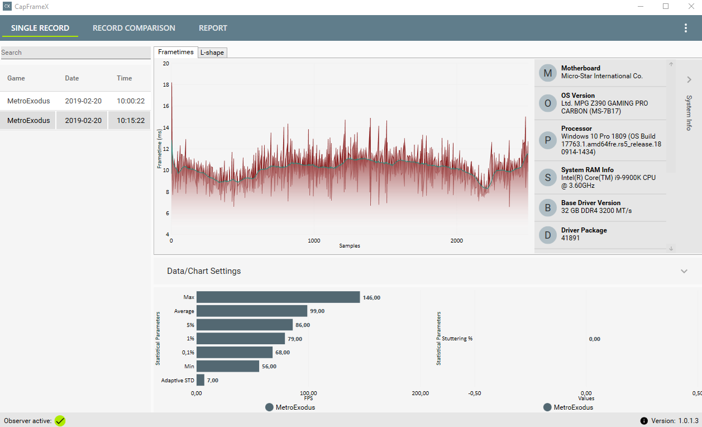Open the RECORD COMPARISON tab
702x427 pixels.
(x=134, y=28)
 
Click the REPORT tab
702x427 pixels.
(x=213, y=28)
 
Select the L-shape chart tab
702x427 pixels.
(x=212, y=53)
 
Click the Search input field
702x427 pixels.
(x=75, y=53)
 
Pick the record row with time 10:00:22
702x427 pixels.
(x=75, y=101)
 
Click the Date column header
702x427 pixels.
(x=72, y=78)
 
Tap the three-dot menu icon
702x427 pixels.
(x=686, y=28)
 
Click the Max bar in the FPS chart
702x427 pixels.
(x=278, y=297)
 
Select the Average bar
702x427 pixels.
(x=251, y=311)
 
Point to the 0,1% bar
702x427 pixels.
(x=234, y=352)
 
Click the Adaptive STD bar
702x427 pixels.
(x=200, y=380)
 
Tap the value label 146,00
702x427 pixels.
(x=371, y=298)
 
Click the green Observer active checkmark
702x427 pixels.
(x=60, y=420)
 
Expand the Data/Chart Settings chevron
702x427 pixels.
(x=684, y=271)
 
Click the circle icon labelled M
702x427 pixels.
(x=547, y=73)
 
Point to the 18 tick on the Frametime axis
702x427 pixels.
(x=165, y=85)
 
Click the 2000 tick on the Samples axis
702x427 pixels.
(x=457, y=241)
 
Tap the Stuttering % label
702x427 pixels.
(x=457, y=339)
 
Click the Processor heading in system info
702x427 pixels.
(x=576, y=129)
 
